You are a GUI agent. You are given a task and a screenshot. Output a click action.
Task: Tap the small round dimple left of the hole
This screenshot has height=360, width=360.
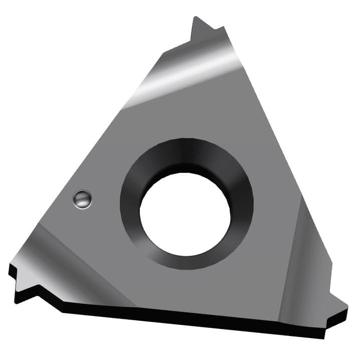[x=82, y=199]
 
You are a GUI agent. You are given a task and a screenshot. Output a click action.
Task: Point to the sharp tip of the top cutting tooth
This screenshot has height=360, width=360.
[x=195, y=18]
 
